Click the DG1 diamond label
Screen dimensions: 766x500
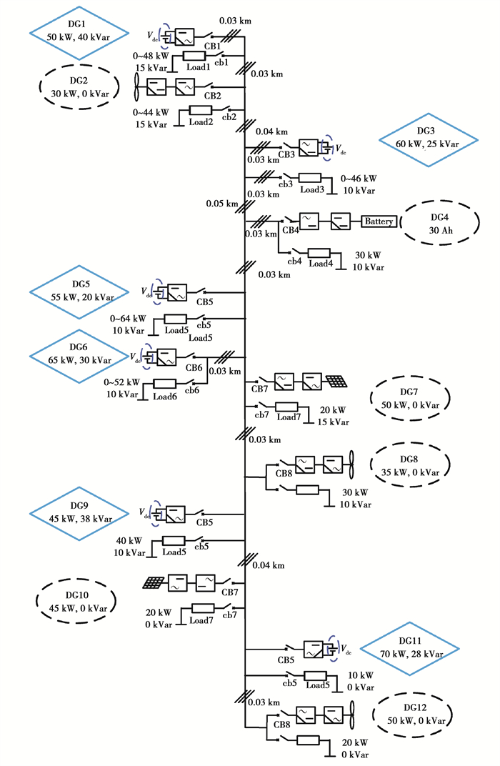pos(79,31)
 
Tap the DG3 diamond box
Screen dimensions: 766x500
pos(428,139)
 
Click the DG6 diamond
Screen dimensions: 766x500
pos(79,354)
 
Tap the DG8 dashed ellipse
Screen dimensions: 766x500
pos(409,465)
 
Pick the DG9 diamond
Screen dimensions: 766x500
pos(79,514)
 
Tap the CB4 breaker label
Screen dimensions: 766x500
pos(291,230)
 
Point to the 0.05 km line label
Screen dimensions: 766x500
pos(222,204)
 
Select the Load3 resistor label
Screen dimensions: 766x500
pos(312,189)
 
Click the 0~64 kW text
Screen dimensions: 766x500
pos(129,319)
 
